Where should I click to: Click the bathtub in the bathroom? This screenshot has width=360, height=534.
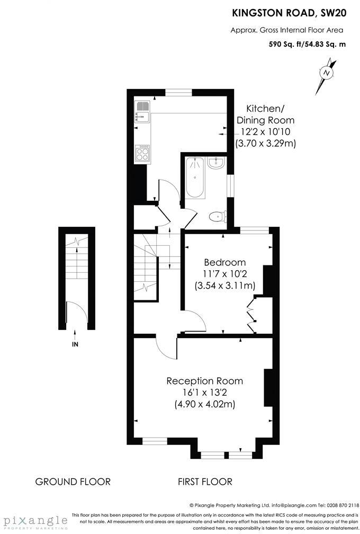[x=195, y=177]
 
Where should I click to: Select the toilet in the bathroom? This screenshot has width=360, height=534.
[x=218, y=216]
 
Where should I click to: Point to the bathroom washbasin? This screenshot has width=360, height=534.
[x=217, y=164]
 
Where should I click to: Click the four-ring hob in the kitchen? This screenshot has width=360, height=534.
[x=142, y=153]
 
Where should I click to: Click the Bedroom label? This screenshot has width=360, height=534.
[x=225, y=262]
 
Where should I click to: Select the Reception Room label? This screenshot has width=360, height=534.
[x=205, y=381]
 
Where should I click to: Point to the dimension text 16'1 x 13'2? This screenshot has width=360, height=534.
[x=205, y=393]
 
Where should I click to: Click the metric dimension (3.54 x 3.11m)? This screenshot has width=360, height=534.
[x=225, y=286]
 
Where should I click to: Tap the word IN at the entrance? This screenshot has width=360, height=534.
[x=75, y=344]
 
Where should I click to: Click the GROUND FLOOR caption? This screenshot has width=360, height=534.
[x=73, y=482]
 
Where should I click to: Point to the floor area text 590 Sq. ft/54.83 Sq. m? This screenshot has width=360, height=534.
[x=308, y=44]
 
